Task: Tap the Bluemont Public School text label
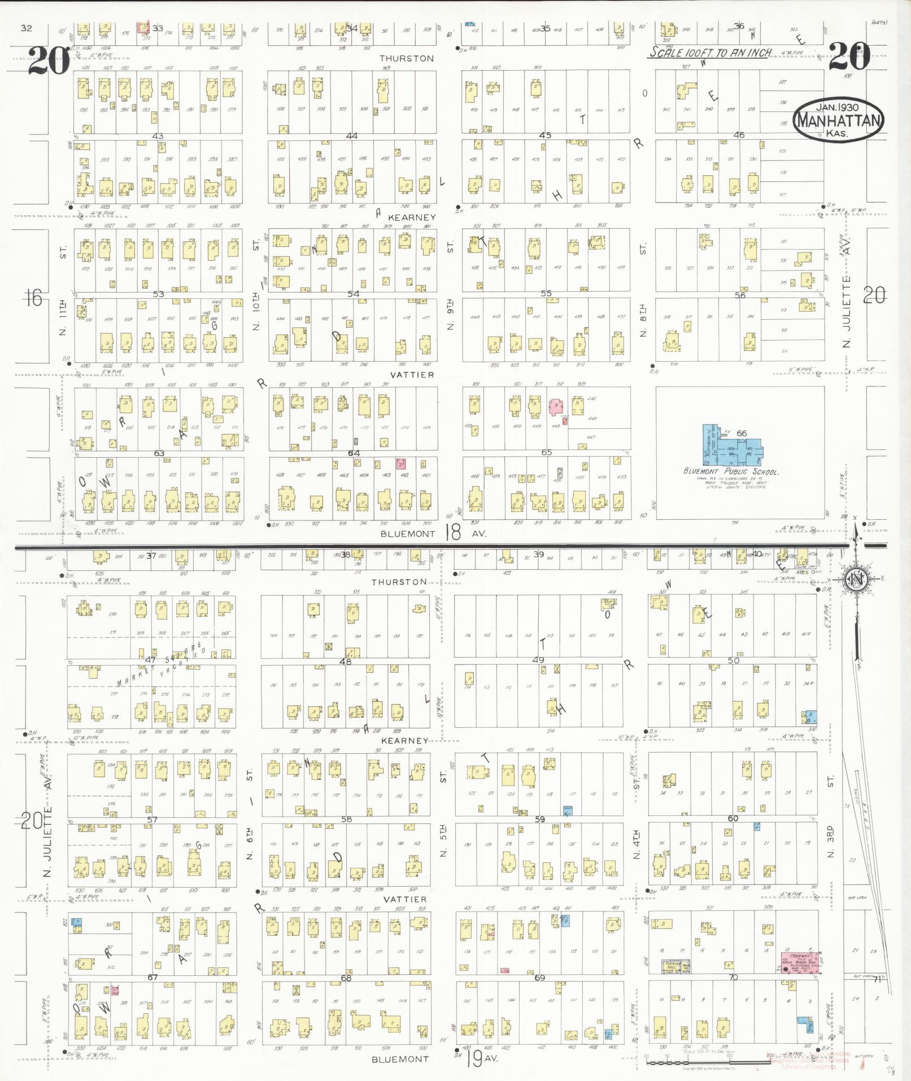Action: pyautogui.click(x=731, y=471)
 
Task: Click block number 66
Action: pyautogui.click(x=741, y=433)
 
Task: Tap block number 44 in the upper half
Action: pyautogui.click(x=352, y=136)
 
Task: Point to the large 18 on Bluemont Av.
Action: pyautogui.click(x=452, y=532)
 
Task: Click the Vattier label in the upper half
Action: pyautogui.click(x=415, y=375)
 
